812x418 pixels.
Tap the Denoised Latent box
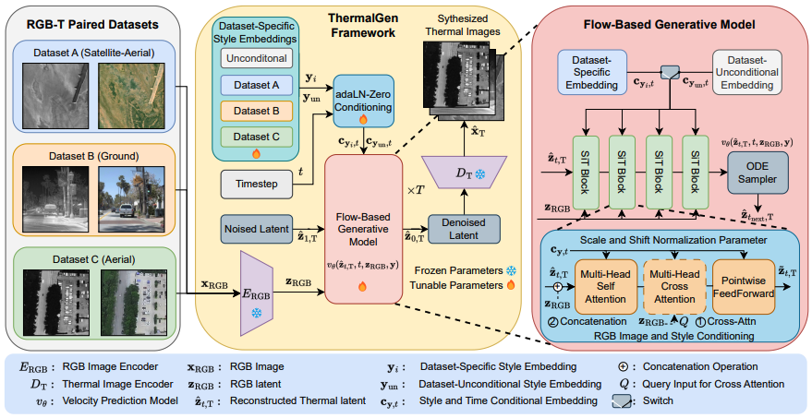point(463,228)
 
